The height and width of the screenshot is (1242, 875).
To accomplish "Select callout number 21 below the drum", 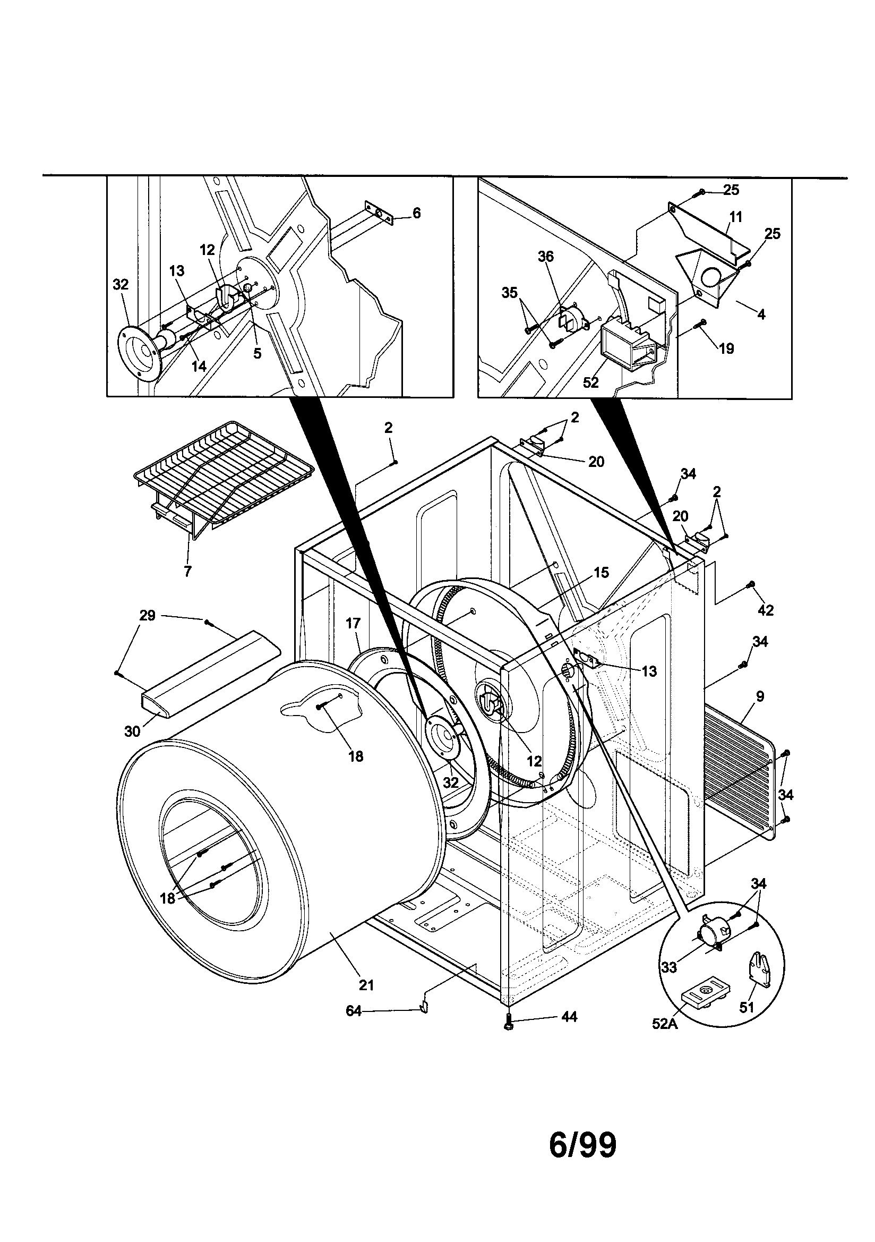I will (x=367, y=985).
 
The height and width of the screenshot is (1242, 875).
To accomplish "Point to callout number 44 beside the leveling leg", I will (x=569, y=1017).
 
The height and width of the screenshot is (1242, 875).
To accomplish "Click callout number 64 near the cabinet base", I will (x=353, y=1010).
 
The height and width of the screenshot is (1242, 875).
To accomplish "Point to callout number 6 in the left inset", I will (x=416, y=213).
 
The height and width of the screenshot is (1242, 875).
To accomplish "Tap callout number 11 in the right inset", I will (x=735, y=217).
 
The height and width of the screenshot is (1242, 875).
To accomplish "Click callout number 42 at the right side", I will (x=766, y=610).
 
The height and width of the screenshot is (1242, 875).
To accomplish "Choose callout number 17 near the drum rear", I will (x=353, y=624).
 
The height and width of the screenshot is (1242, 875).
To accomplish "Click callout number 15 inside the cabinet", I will (x=601, y=572).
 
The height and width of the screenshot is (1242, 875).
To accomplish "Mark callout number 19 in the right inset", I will (x=727, y=348).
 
